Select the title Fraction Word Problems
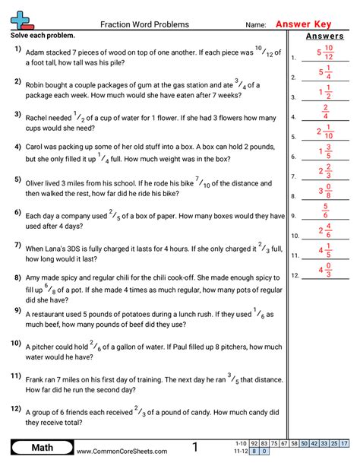click(144, 24)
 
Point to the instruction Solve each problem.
click(43, 36)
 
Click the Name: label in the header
click(256, 25)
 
